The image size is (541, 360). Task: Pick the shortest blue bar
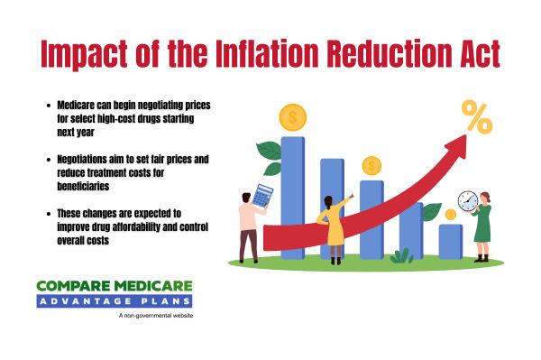click(449, 241)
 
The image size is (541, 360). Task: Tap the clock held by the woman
click(467, 199)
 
